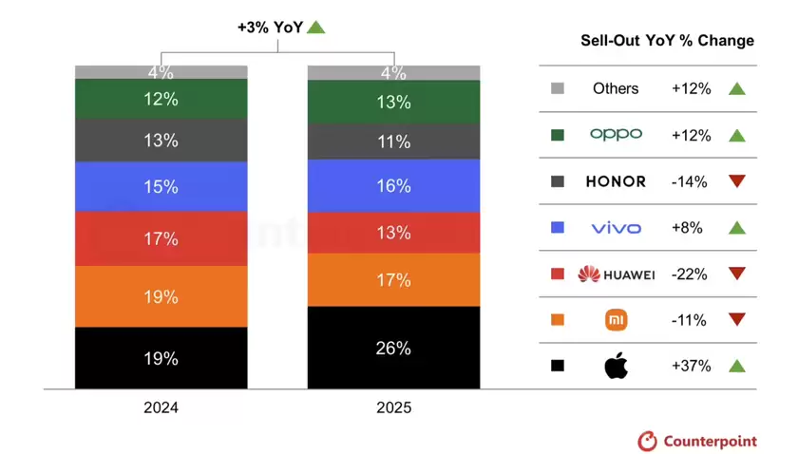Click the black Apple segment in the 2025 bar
392,348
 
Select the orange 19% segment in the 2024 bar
161,296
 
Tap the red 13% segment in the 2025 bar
392,233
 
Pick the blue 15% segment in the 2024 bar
161,187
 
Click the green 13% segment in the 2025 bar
392,102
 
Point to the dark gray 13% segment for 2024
161,141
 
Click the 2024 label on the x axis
161,408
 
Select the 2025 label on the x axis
392,408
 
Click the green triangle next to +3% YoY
316,28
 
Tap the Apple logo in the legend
616,366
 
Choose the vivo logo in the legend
616,228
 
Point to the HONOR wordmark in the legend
616,181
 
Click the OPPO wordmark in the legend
616,135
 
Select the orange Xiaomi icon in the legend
616,320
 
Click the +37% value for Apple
691,366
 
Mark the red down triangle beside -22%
736,274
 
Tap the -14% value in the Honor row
691,181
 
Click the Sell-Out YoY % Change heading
667,41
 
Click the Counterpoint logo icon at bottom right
647,441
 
